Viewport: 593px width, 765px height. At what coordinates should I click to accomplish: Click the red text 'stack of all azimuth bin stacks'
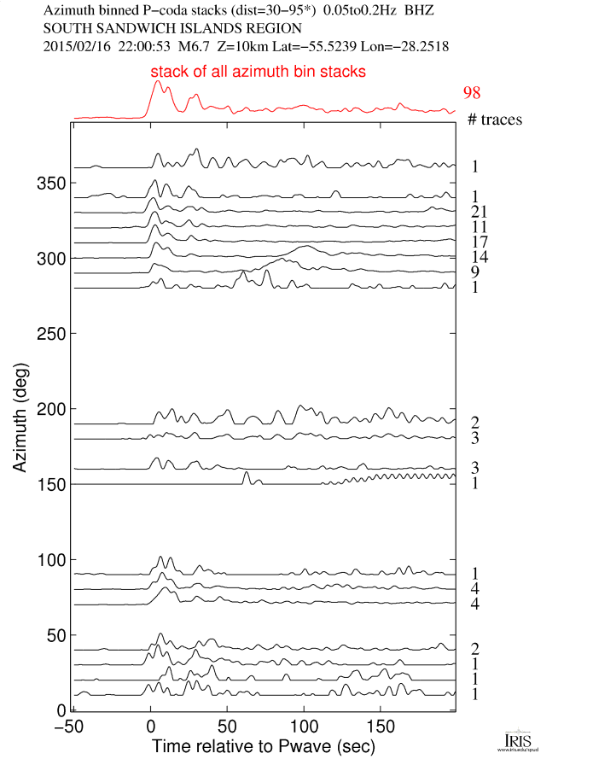click(259, 73)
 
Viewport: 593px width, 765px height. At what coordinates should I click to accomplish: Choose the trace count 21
click(478, 212)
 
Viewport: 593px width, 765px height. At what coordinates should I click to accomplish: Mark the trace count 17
click(478, 242)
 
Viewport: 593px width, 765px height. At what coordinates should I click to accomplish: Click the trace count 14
click(478, 257)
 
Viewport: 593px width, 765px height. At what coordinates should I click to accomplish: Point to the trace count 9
click(474, 272)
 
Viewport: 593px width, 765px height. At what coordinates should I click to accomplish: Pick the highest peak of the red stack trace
click(157, 82)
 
